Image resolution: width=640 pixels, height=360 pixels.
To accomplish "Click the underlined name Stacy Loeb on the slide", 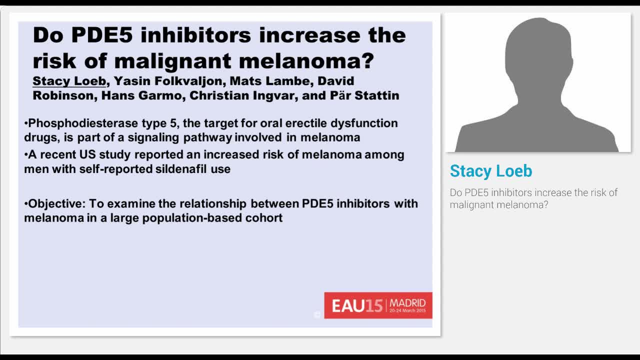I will point(69,81).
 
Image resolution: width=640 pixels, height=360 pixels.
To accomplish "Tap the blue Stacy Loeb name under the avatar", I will point(490,171).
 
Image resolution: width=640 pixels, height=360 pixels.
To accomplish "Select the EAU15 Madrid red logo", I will point(378,305).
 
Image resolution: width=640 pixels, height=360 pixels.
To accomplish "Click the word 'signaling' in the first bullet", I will point(154,137).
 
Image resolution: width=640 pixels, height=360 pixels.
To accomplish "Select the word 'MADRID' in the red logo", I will point(407,302).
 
